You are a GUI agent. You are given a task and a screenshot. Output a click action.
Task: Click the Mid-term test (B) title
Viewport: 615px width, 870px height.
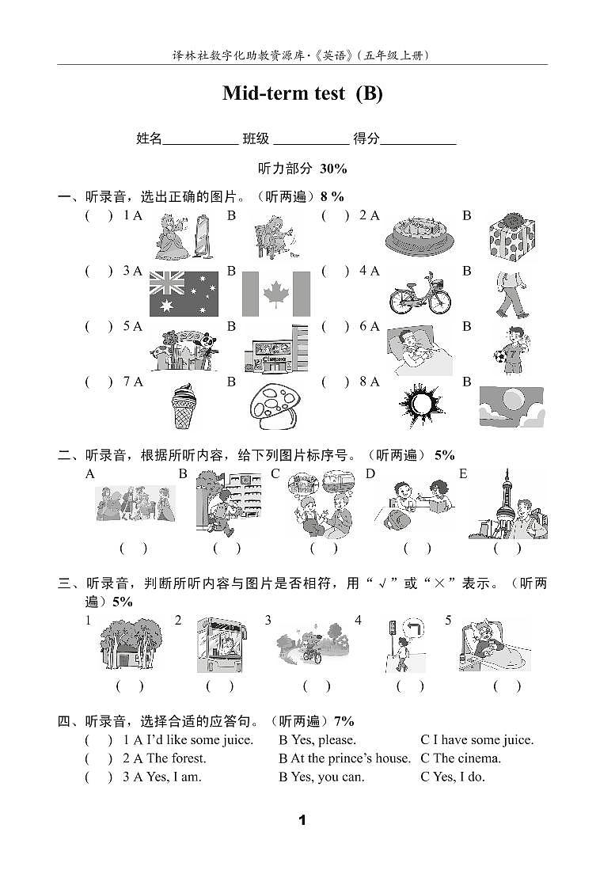[x=302, y=93]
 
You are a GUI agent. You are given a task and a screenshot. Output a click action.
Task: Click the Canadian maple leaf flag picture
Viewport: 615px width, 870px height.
[x=275, y=293]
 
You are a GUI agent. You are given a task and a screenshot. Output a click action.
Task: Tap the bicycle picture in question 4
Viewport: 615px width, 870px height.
[x=419, y=294]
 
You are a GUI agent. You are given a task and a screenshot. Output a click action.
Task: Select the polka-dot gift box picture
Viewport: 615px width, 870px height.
[x=511, y=236]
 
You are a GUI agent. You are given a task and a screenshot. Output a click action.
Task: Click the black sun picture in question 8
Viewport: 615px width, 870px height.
[x=421, y=405]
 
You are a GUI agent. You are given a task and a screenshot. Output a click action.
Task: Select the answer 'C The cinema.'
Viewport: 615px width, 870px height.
[x=461, y=758]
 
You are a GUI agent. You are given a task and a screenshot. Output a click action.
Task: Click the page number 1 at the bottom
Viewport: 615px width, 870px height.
[x=302, y=820]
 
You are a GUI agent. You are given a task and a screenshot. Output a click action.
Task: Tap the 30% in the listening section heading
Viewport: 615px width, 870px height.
[x=334, y=168]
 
